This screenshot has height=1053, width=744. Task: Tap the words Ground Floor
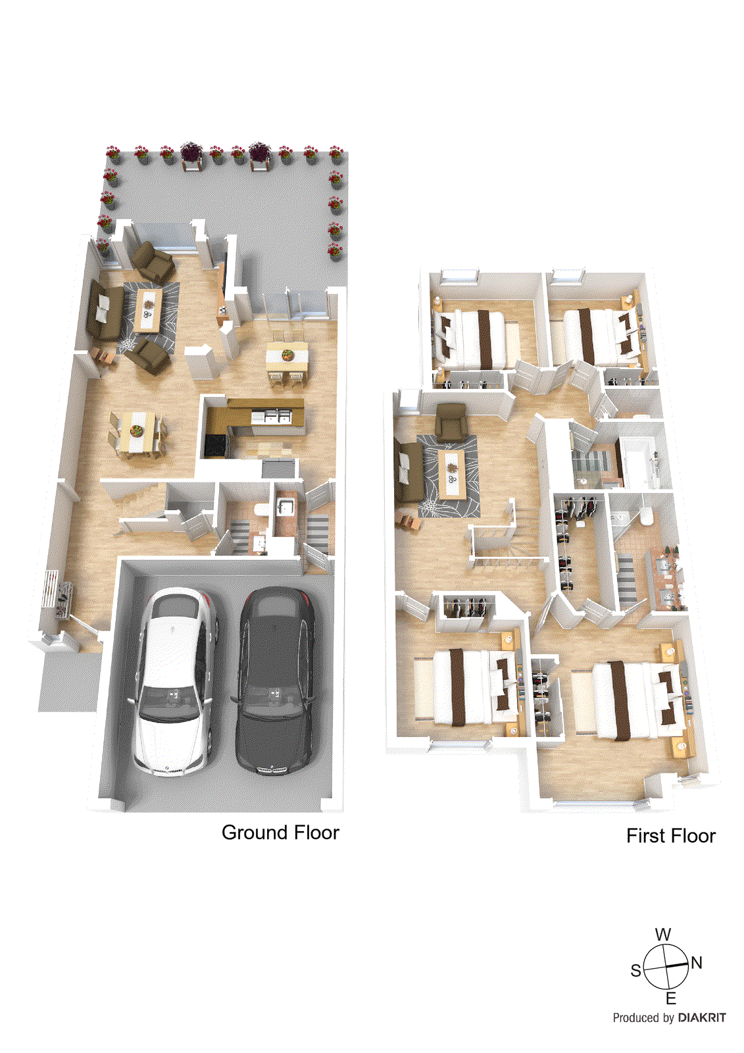pyautogui.click(x=280, y=833)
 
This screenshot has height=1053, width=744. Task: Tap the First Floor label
pyautogui.click(x=670, y=836)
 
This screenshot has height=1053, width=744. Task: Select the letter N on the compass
pyautogui.click(x=697, y=963)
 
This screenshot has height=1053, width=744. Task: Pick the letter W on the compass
pyautogui.click(x=663, y=935)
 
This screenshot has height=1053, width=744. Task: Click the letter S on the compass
pyautogui.click(x=635, y=971)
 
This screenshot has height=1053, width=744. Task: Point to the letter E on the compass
pyautogui.click(x=671, y=998)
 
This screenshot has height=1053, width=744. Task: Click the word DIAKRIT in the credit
pyautogui.click(x=702, y=1017)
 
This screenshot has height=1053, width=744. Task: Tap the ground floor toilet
pyautogui.click(x=261, y=511)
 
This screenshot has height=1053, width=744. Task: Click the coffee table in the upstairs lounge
pyautogui.click(x=452, y=473)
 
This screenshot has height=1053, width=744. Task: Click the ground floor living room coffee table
pyautogui.click(x=149, y=309)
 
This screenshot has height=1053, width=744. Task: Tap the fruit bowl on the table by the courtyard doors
pyautogui.click(x=287, y=355)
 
